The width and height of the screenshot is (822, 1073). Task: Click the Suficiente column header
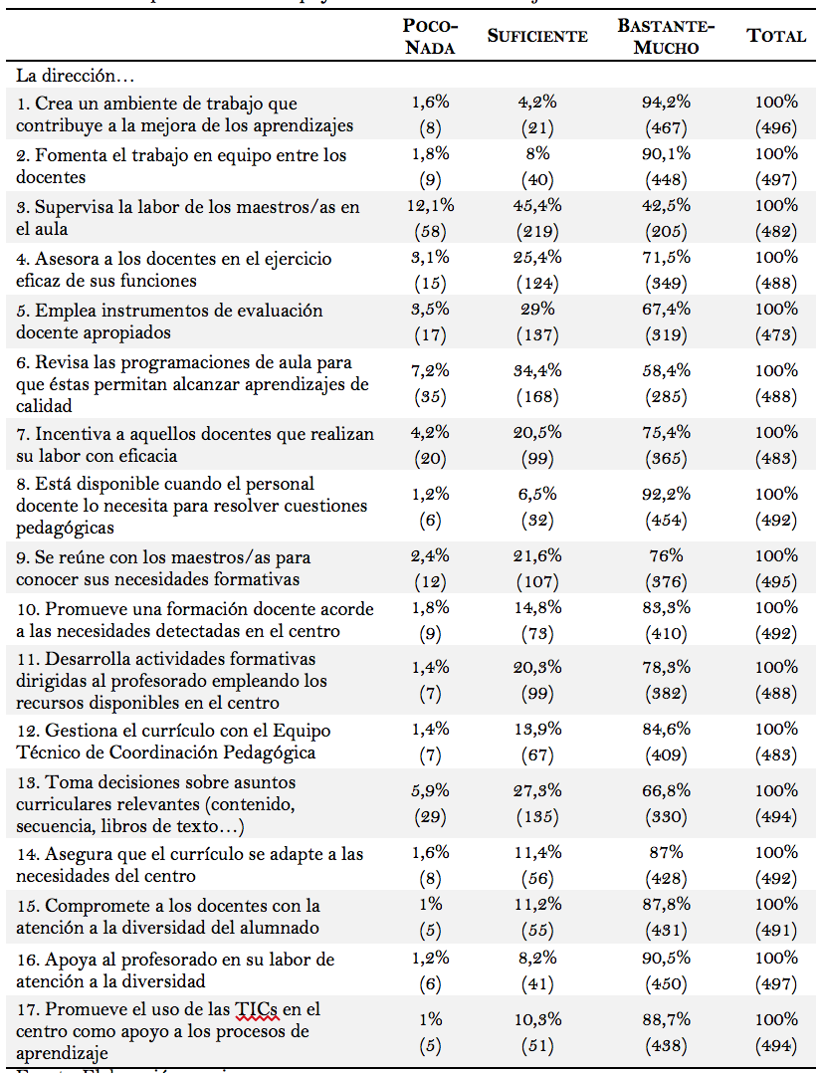[537, 37]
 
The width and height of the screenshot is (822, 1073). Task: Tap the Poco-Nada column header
[430, 37]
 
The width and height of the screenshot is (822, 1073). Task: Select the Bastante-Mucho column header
[666, 37]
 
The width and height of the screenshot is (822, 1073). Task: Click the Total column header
[776, 37]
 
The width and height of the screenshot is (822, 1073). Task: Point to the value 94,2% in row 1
[667, 102]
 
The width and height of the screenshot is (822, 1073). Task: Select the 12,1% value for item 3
[432, 206]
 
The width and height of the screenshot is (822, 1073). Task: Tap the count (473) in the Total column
[776, 334]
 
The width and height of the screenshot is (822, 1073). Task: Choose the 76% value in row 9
[667, 555]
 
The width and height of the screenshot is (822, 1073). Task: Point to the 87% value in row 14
[667, 852]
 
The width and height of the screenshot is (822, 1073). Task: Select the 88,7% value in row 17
[667, 1019]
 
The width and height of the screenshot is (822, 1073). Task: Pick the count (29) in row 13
[432, 816]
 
